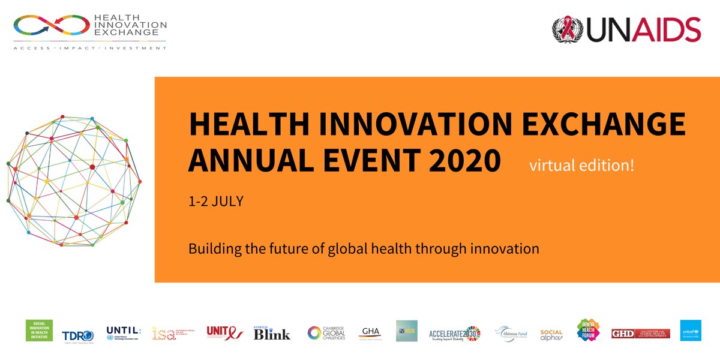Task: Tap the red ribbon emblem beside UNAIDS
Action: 568,29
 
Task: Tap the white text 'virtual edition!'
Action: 581,165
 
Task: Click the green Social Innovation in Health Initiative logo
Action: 40,331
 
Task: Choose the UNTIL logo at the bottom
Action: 123,332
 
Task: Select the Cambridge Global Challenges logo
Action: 327,333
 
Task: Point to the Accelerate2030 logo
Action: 455,334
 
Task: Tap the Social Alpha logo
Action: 551,334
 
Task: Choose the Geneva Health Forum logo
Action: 588,331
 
